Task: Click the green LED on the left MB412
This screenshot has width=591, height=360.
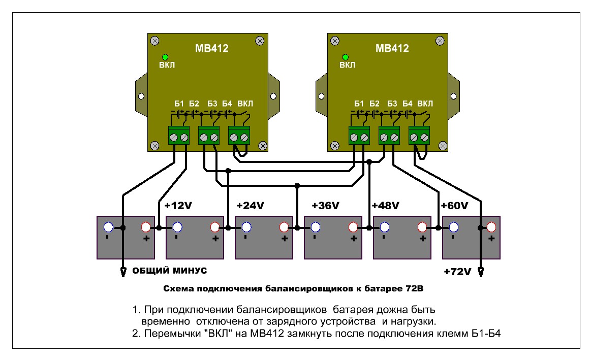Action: click(x=165, y=57)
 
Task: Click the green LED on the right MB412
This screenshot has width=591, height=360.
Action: click(x=345, y=57)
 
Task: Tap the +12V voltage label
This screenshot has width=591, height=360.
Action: click(x=178, y=206)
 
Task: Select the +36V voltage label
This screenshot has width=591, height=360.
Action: click(x=325, y=206)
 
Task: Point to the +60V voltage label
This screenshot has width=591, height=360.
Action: click(x=454, y=206)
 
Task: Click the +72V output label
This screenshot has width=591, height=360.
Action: click(x=457, y=272)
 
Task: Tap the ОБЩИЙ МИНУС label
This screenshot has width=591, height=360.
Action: click(x=170, y=270)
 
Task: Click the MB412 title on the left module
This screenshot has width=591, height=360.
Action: click(x=212, y=48)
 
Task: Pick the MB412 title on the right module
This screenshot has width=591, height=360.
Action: click(x=392, y=48)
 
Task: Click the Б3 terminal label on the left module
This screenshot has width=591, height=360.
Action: click(x=212, y=104)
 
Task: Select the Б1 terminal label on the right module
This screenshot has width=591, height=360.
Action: click(x=359, y=104)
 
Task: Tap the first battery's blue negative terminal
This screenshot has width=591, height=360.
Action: click(x=108, y=227)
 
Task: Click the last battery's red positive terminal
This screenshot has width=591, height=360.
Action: click(x=491, y=227)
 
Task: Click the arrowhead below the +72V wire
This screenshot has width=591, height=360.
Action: click(x=481, y=272)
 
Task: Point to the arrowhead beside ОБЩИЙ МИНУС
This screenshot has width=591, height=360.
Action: click(x=123, y=272)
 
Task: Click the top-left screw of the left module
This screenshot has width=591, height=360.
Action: click(x=154, y=41)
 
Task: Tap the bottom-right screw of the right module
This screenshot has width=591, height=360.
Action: click(x=443, y=146)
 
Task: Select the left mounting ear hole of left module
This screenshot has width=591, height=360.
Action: click(x=141, y=96)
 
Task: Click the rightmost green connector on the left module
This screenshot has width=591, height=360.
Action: click(x=239, y=136)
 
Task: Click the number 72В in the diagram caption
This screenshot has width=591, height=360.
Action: click(x=415, y=289)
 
